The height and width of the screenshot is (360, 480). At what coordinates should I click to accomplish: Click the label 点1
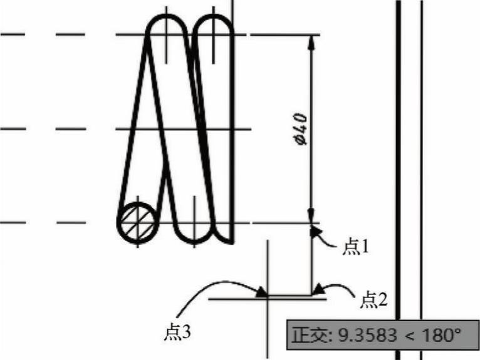coord(355,247)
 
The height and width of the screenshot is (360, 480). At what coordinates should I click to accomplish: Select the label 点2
coord(373,300)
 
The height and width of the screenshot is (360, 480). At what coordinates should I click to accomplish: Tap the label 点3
coord(177,332)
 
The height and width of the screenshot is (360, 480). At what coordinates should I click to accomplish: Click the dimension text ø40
coord(300,129)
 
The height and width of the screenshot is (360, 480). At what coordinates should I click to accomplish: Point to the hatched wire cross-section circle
coord(137,222)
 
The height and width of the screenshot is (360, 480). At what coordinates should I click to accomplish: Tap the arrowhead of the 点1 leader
coord(315,232)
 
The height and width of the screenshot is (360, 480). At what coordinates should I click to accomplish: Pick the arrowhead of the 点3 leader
coord(261,292)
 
